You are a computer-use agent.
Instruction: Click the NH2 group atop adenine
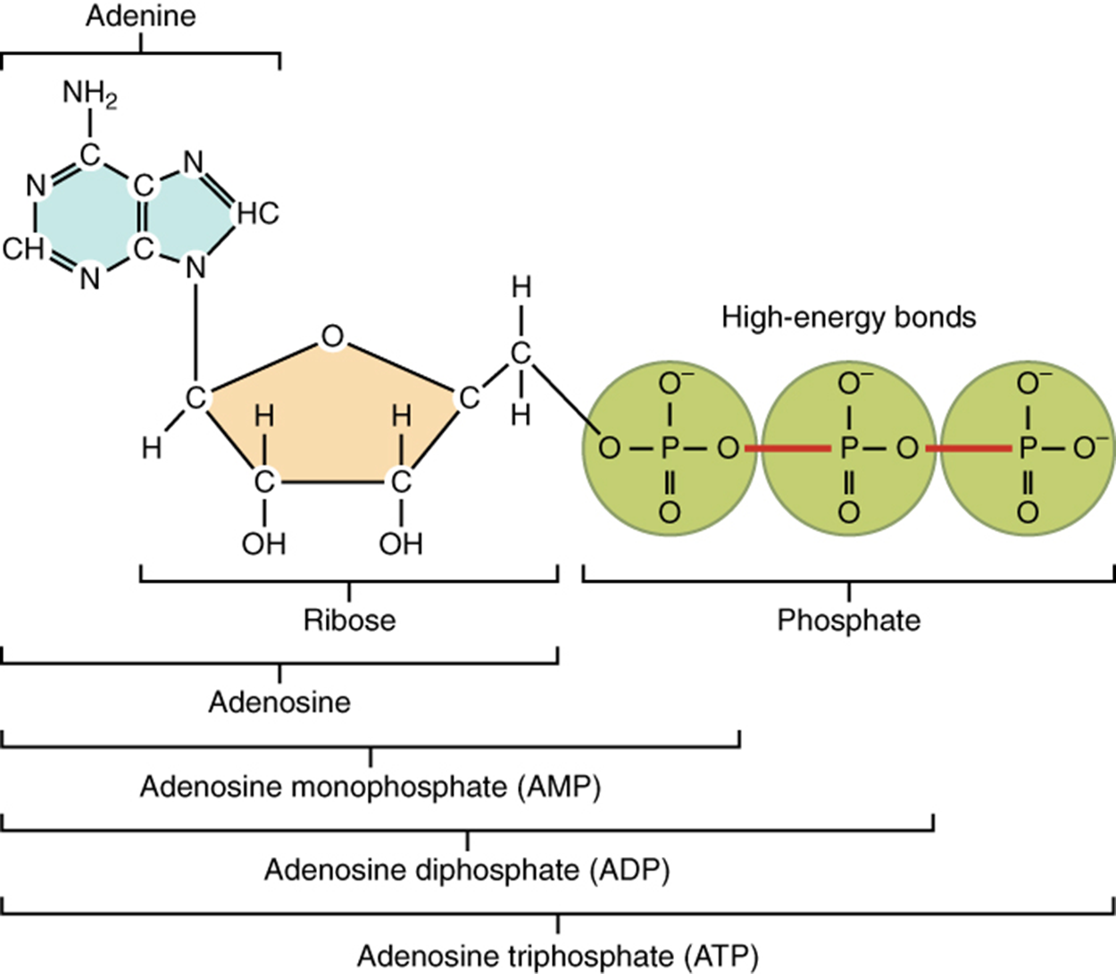coord(89,94)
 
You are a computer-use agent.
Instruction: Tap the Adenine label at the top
coord(140,16)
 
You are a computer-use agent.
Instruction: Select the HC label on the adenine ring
coord(258,213)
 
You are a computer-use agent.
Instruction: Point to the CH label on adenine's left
coord(23,248)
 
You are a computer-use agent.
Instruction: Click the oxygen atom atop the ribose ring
coord(332,337)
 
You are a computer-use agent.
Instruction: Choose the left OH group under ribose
coord(263,543)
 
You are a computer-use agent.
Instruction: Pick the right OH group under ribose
coord(401,543)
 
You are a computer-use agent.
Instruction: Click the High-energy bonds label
coord(848,317)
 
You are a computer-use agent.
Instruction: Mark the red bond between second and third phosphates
coord(968,448)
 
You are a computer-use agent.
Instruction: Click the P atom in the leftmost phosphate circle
coord(670,448)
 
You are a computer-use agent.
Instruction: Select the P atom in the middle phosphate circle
coord(849,448)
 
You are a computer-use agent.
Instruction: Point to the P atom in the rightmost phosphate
coord(1029,448)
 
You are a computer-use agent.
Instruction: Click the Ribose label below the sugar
coord(349,620)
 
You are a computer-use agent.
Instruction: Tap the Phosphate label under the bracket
coord(848,620)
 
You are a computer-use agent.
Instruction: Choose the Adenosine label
coord(279,702)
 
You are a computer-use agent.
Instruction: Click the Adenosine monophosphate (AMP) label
coord(371,787)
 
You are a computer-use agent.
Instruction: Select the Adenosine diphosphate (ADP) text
coord(467,870)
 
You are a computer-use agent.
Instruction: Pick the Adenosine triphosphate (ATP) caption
coord(558,956)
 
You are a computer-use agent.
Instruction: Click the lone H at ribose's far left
coord(152,447)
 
